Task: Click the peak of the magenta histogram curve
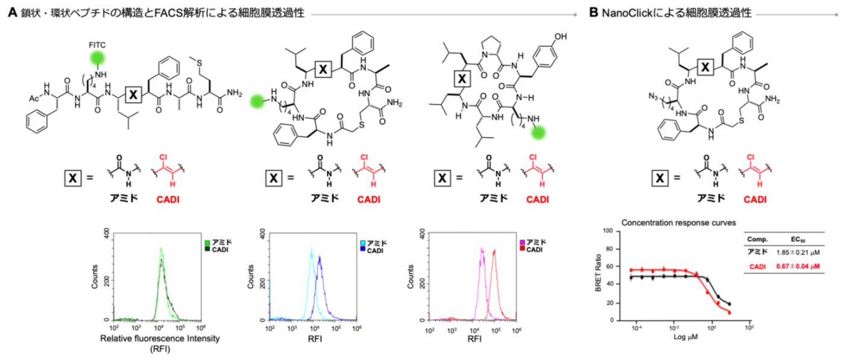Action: click(x=482, y=248)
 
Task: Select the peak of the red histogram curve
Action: click(x=494, y=250)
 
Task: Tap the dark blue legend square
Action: click(x=363, y=248)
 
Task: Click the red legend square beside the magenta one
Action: click(x=522, y=248)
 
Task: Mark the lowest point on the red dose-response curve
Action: click(x=729, y=313)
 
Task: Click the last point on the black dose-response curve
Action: click(x=729, y=303)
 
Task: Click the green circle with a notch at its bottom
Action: click(x=98, y=58)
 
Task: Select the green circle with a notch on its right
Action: click(x=257, y=101)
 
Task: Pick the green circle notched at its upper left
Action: click(x=538, y=133)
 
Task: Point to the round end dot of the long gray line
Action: click(x=576, y=14)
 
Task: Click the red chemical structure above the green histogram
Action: click(x=168, y=171)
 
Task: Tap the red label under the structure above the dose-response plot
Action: click(x=755, y=200)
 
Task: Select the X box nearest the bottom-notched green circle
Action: click(x=133, y=95)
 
